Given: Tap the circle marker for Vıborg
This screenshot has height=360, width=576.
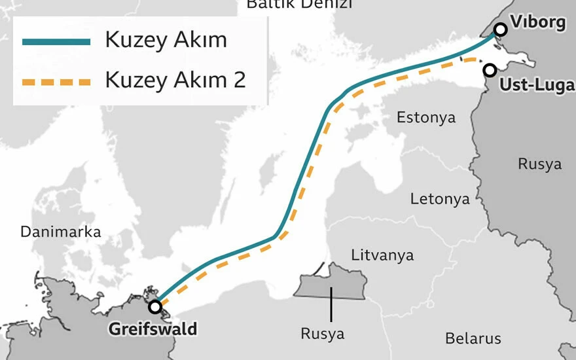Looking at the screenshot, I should point(501,29).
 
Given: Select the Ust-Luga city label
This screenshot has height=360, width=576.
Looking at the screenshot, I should point(536,85).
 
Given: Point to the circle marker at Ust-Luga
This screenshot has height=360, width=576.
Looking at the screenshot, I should point(489,69).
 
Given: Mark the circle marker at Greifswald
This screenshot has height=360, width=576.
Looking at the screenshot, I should point(155,306).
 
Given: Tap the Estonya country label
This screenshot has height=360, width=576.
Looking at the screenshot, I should point(426,118).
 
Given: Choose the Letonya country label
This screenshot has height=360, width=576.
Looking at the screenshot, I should point(440,199).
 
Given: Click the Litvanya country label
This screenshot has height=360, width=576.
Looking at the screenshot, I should point(382,255).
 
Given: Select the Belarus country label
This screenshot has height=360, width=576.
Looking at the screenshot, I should point(473,338).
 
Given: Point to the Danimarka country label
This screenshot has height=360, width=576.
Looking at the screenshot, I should point(60,232).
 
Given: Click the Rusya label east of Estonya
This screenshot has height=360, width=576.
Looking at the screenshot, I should point(539,164).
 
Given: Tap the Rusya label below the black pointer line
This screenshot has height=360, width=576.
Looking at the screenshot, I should point(322,334).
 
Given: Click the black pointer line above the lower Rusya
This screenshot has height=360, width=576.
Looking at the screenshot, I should point(331,304).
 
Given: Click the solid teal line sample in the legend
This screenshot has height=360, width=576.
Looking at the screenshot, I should point(56,41).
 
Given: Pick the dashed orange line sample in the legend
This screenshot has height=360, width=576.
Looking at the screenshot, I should point(56,82).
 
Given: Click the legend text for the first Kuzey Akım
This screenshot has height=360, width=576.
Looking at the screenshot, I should point(166,41).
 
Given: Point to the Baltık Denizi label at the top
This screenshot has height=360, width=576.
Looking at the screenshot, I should point(298,5).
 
